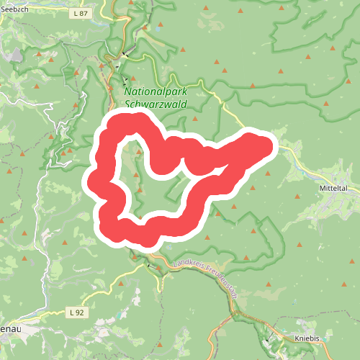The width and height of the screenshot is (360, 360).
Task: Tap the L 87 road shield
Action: pyautogui.click(x=80, y=14)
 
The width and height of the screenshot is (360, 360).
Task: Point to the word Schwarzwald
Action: pyautogui.click(x=156, y=104)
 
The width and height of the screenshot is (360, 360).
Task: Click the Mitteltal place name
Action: pyautogui.click(x=333, y=186)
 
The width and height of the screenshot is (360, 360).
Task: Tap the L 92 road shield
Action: pyautogui.click(x=78, y=312)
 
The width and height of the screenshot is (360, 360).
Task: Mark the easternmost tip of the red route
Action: pyautogui.click(x=272, y=145)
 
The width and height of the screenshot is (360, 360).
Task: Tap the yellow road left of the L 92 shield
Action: pyautogui.click(x=50, y=314)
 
